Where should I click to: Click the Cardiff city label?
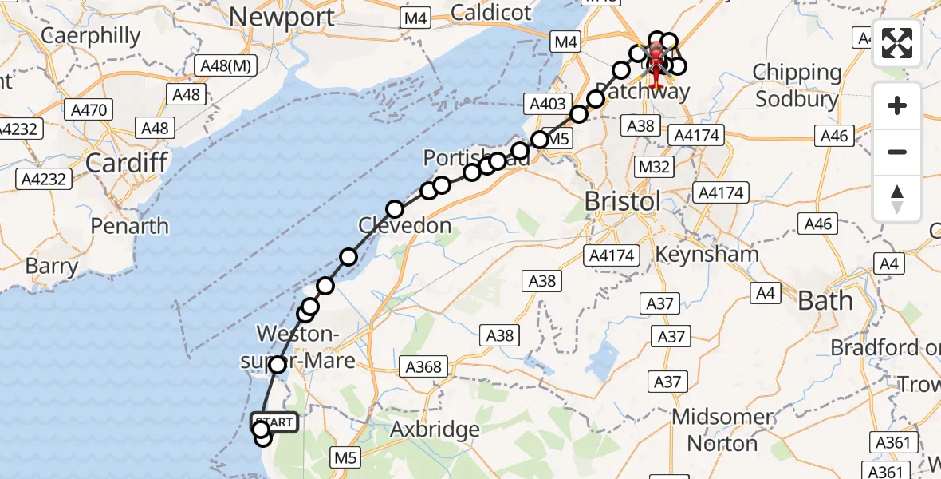tap(126, 163)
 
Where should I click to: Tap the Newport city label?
tap(282, 16)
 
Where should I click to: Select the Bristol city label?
tap(623, 201)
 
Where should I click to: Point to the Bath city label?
tap(825, 300)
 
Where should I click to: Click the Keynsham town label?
tap(707, 255)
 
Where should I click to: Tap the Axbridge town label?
tap(435, 430)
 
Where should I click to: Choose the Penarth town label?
tap(129, 226)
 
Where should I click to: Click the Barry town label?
tap(52, 266)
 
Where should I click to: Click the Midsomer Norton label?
tap(722, 430)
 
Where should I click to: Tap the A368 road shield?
tap(423, 366)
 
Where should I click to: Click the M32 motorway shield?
tap(653, 167)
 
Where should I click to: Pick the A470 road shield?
tap(89, 109)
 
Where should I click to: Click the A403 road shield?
tap(547, 103)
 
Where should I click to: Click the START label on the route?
tap(276, 422)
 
